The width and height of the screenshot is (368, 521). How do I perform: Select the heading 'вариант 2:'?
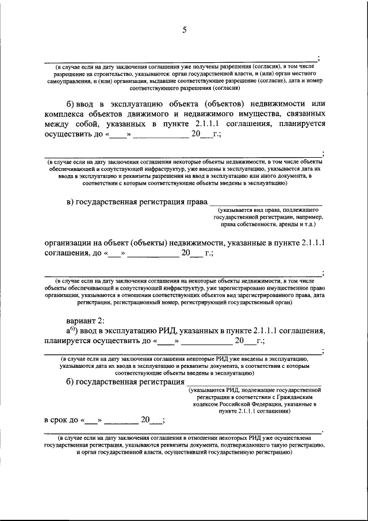[85, 321]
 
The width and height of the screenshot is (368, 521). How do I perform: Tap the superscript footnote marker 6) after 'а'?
[73, 329]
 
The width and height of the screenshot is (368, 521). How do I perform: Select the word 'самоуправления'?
[69, 82]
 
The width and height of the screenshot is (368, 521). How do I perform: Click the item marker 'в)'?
[71, 202]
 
